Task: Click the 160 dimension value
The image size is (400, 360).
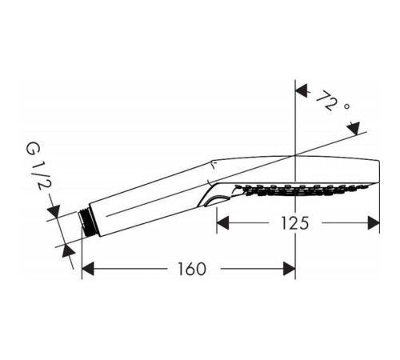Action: [x=192, y=269]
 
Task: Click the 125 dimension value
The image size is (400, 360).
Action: [x=295, y=223]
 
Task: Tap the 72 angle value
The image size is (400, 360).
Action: [x=326, y=100]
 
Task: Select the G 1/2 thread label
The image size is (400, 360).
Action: [x=37, y=166]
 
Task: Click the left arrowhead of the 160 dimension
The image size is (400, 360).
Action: [x=88, y=269]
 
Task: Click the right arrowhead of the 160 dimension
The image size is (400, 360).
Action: [x=290, y=269]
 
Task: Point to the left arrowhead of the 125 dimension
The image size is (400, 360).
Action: [x=222, y=222]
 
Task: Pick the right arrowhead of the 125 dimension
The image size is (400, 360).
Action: [x=374, y=222]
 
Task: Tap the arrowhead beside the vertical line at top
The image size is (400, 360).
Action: [x=302, y=90]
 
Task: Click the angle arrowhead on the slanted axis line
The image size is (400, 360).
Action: [x=354, y=128]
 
